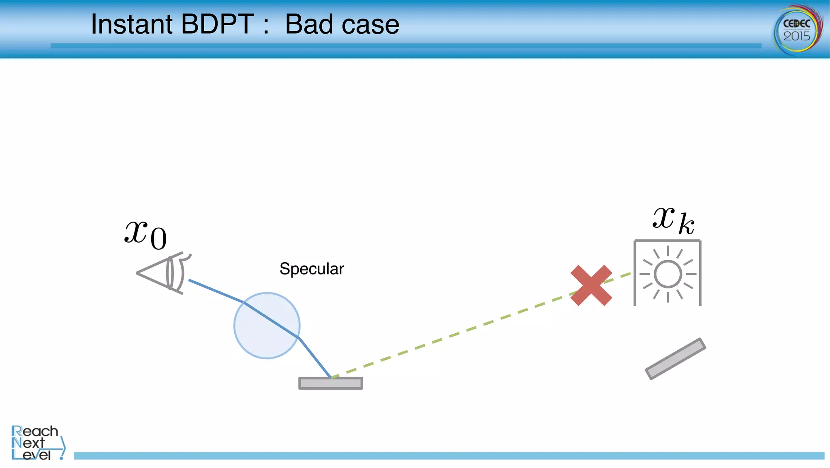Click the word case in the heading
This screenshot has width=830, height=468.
pos(370,25)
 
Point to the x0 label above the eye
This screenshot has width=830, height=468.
pos(145,235)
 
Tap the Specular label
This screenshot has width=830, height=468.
pos(311,269)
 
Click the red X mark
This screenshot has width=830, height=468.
pos(591,285)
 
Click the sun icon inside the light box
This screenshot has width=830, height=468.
pos(667,274)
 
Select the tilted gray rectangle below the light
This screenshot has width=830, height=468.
pos(676,359)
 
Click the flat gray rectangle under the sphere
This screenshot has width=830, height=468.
pos(331,383)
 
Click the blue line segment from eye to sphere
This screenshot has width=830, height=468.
pos(216,291)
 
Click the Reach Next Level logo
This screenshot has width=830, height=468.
pos(36,443)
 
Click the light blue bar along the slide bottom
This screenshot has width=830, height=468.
pos(446,456)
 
